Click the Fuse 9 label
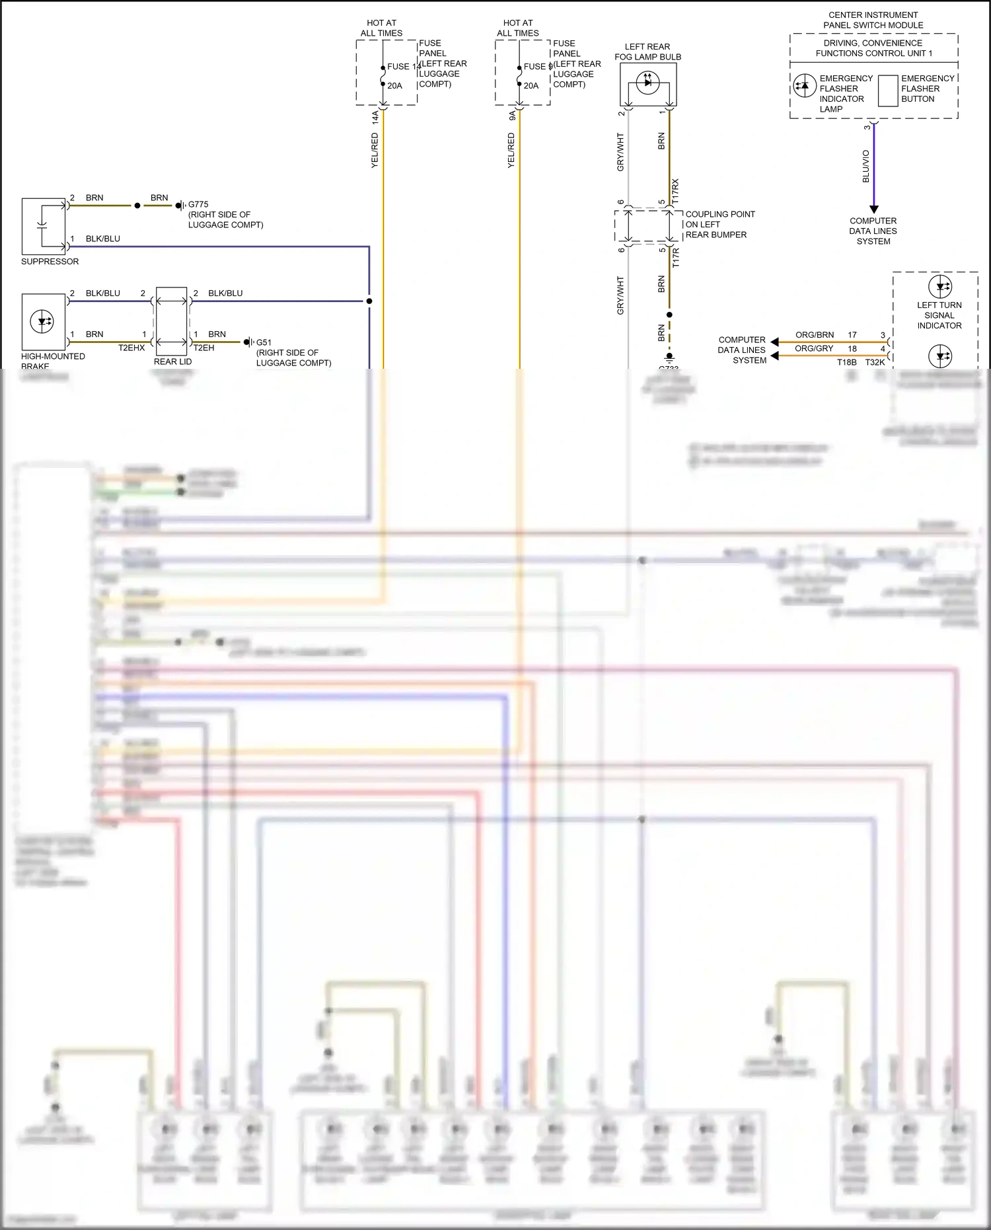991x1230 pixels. (537, 67)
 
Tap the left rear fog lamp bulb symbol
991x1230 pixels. (647, 82)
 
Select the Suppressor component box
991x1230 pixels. (44, 227)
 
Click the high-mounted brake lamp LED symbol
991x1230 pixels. (43, 322)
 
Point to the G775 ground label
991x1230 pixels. (198, 205)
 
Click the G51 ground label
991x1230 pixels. (264, 342)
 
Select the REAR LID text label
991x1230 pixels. (172, 362)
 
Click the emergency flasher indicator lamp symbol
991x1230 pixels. (804, 86)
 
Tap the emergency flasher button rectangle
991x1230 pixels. (887, 91)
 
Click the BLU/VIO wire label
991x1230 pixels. (866, 166)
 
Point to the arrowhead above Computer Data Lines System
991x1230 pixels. (873, 209)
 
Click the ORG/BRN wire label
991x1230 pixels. (814, 335)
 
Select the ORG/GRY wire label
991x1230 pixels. (814, 348)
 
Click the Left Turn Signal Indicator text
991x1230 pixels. (939, 315)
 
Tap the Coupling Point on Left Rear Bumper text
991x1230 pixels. (719, 225)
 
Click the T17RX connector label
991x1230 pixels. (675, 190)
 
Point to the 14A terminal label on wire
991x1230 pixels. (375, 117)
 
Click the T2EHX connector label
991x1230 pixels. (131, 348)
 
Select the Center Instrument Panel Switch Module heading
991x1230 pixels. (873, 20)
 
